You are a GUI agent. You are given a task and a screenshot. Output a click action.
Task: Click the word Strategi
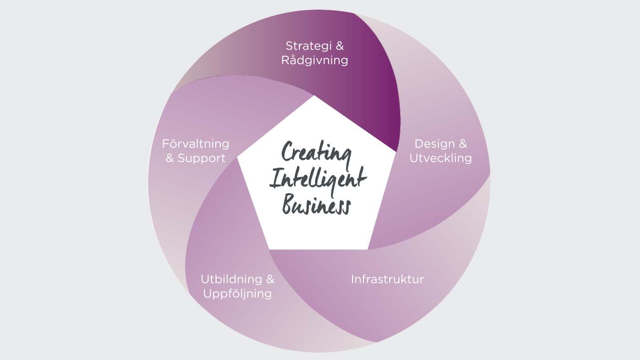[x=309, y=47]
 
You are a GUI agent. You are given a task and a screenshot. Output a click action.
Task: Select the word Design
[x=435, y=143]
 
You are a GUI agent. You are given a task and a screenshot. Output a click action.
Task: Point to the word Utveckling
[x=441, y=158]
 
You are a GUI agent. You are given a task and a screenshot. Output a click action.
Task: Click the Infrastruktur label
[x=388, y=279]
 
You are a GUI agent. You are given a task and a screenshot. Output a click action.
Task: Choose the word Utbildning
[x=231, y=279]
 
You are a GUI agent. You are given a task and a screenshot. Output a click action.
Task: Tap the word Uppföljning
[x=237, y=294]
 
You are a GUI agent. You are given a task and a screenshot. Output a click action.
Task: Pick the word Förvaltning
[x=196, y=143]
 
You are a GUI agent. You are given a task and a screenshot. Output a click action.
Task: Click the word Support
[x=202, y=159]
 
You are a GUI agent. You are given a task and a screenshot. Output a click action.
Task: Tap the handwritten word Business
[x=316, y=204]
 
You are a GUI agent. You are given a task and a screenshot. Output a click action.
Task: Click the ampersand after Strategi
[x=340, y=46]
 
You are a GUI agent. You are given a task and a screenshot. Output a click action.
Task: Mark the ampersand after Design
[x=463, y=143]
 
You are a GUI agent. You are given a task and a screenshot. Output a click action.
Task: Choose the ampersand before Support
[x=170, y=158]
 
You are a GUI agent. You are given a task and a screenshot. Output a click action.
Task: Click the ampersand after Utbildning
[x=270, y=279]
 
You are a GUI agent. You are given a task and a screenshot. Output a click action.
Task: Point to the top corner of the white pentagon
[x=315, y=95]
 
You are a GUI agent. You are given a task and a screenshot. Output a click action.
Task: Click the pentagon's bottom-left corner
[x=269, y=249]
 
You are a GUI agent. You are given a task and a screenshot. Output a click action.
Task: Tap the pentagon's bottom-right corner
[x=368, y=249]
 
